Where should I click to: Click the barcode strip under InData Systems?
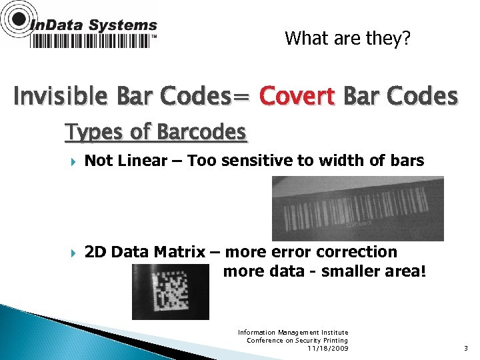91,41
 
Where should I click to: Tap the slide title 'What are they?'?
347,38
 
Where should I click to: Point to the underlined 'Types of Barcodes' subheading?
156,132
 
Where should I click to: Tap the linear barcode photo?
357,208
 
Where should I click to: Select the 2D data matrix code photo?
170,291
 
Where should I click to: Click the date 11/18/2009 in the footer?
327,348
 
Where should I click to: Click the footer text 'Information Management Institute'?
293,332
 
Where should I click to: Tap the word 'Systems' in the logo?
123,25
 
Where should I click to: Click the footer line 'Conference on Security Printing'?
297,340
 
